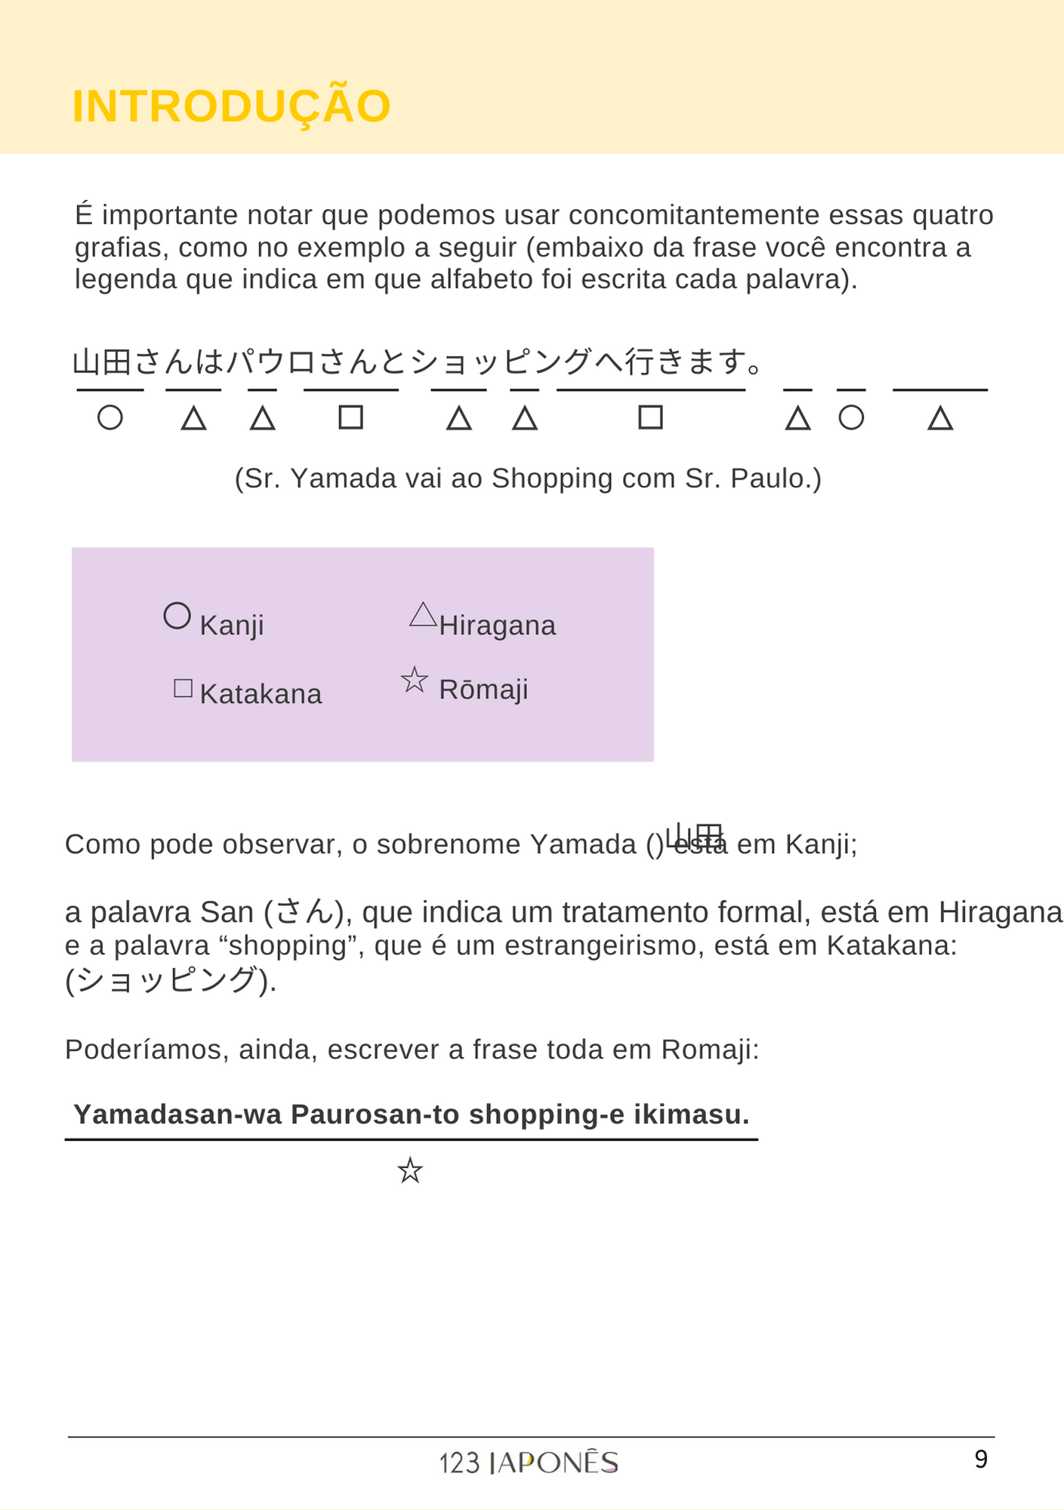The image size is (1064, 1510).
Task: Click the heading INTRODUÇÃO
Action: (231, 106)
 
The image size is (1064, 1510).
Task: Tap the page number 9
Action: (980, 1459)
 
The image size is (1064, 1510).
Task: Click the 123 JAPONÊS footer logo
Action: (529, 1463)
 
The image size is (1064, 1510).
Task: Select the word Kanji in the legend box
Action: (232, 626)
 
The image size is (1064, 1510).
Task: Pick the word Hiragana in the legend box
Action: (497, 626)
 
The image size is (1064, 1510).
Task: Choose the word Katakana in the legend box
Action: (261, 695)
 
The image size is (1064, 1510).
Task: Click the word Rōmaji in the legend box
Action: (483, 690)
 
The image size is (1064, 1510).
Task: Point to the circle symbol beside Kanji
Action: (177, 616)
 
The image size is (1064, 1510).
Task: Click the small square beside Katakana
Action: (183, 689)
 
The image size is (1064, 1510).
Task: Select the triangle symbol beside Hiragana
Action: (423, 615)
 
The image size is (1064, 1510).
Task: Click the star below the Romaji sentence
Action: (410, 1171)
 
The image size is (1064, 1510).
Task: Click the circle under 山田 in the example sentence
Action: (110, 418)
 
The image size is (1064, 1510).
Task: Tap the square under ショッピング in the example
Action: (650, 418)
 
